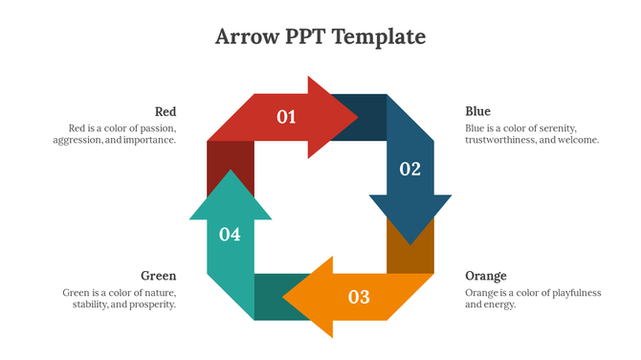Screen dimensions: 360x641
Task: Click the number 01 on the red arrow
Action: click(286, 117)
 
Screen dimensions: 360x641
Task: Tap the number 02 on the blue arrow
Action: click(409, 169)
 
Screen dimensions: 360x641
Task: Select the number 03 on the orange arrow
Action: click(358, 297)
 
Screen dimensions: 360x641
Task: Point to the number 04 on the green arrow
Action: click(230, 234)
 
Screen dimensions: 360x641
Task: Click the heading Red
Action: click(166, 111)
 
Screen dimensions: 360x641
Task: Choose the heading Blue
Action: click(477, 111)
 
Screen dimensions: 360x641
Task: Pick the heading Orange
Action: click(485, 276)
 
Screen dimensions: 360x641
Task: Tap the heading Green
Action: click(159, 276)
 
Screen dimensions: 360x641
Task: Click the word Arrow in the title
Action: click(248, 37)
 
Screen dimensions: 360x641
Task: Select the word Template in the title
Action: click(380, 37)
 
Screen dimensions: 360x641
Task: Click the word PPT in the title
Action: click(309, 37)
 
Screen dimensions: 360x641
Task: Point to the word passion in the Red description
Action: click(157, 127)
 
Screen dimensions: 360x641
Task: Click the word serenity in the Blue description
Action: click(554, 127)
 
